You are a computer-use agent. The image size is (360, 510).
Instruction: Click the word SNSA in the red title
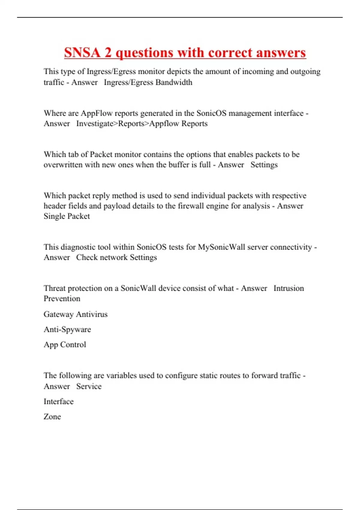coord(82,52)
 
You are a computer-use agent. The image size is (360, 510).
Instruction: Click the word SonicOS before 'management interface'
coord(211,113)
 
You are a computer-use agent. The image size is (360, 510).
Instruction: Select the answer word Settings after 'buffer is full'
coord(264,165)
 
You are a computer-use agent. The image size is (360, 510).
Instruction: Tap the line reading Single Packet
coord(67,216)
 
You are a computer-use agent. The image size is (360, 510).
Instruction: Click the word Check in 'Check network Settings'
coord(87,257)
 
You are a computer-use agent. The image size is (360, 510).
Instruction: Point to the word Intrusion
coord(289,288)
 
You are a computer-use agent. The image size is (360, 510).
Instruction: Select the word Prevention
coord(62,298)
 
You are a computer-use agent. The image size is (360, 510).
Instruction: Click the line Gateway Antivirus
coord(76,314)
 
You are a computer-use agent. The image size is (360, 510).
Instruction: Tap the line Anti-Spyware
coord(67,329)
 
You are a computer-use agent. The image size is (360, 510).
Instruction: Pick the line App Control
coord(65,344)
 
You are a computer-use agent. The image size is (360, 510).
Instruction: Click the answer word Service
coord(89,386)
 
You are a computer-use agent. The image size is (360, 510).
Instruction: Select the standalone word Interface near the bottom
coord(58,401)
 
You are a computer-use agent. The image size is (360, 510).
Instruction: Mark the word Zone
coord(52,417)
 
